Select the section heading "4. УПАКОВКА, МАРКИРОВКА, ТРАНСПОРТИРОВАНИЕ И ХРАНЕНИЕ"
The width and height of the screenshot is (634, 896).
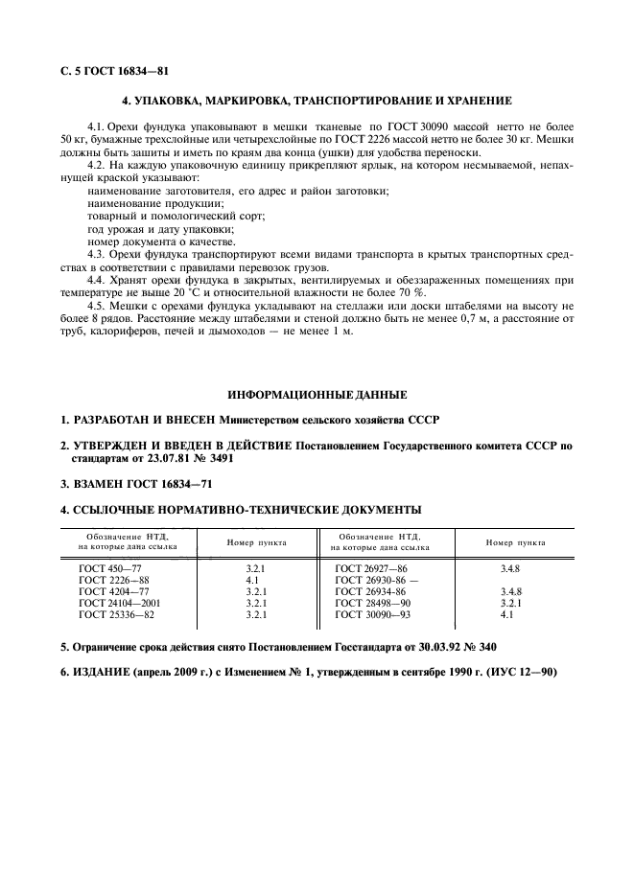click(317, 101)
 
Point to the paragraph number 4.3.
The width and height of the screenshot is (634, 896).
click(96, 255)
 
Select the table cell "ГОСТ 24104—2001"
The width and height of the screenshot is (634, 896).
click(118, 604)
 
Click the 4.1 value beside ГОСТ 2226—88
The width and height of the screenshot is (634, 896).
click(253, 581)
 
